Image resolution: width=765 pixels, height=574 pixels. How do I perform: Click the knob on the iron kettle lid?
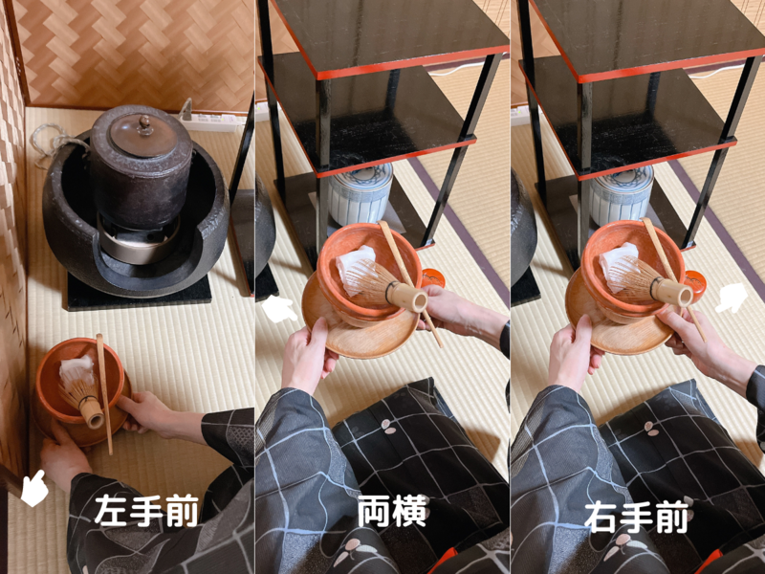[x=143, y=123]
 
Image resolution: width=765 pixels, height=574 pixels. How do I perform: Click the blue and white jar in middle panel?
[x=360, y=191]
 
